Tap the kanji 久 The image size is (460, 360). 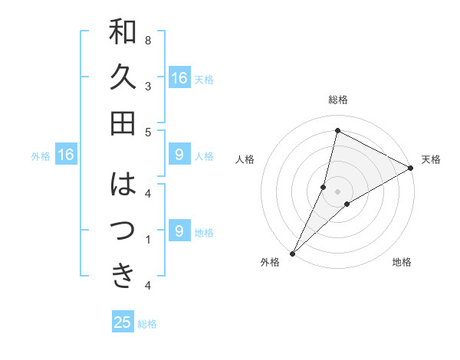[x=123, y=78]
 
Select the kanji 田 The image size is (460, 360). [x=123, y=123]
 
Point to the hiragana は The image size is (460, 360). [x=123, y=185]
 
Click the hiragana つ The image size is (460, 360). [x=123, y=230]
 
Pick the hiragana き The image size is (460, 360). [x=123, y=275]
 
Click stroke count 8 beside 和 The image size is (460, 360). [x=148, y=40]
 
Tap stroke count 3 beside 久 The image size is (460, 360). [x=148, y=87]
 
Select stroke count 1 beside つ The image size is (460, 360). [x=148, y=240]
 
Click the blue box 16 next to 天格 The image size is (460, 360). [x=179, y=78]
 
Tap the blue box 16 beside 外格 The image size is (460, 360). [x=66, y=155]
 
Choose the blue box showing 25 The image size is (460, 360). [x=123, y=322]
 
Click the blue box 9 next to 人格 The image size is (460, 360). [x=179, y=155]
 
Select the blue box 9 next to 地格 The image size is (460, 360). [x=179, y=231]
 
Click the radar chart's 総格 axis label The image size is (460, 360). [x=337, y=100]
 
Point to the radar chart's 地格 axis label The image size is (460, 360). [x=402, y=262]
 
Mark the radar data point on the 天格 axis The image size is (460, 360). [x=411, y=169]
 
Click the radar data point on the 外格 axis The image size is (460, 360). [x=292, y=253]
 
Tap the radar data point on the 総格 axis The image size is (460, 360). [x=337, y=130]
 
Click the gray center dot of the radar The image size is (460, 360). [x=337, y=191]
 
